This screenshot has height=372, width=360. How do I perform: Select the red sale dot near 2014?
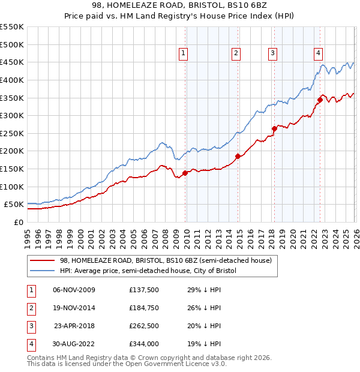[x=238, y=156]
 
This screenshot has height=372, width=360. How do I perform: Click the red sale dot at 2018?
[x=274, y=128]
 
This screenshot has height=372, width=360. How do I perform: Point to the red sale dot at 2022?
[x=320, y=100]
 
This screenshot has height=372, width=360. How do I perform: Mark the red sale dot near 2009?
[x=185, y=173]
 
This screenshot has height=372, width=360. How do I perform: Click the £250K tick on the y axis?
[x=12, y=133]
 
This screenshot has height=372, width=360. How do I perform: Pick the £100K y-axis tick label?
[x=12, y=187]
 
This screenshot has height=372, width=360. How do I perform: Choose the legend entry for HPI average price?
[x=148, y=271]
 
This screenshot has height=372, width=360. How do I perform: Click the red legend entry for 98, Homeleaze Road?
[x=166, y=260]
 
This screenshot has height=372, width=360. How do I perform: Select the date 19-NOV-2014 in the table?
[x=74, y=308]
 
